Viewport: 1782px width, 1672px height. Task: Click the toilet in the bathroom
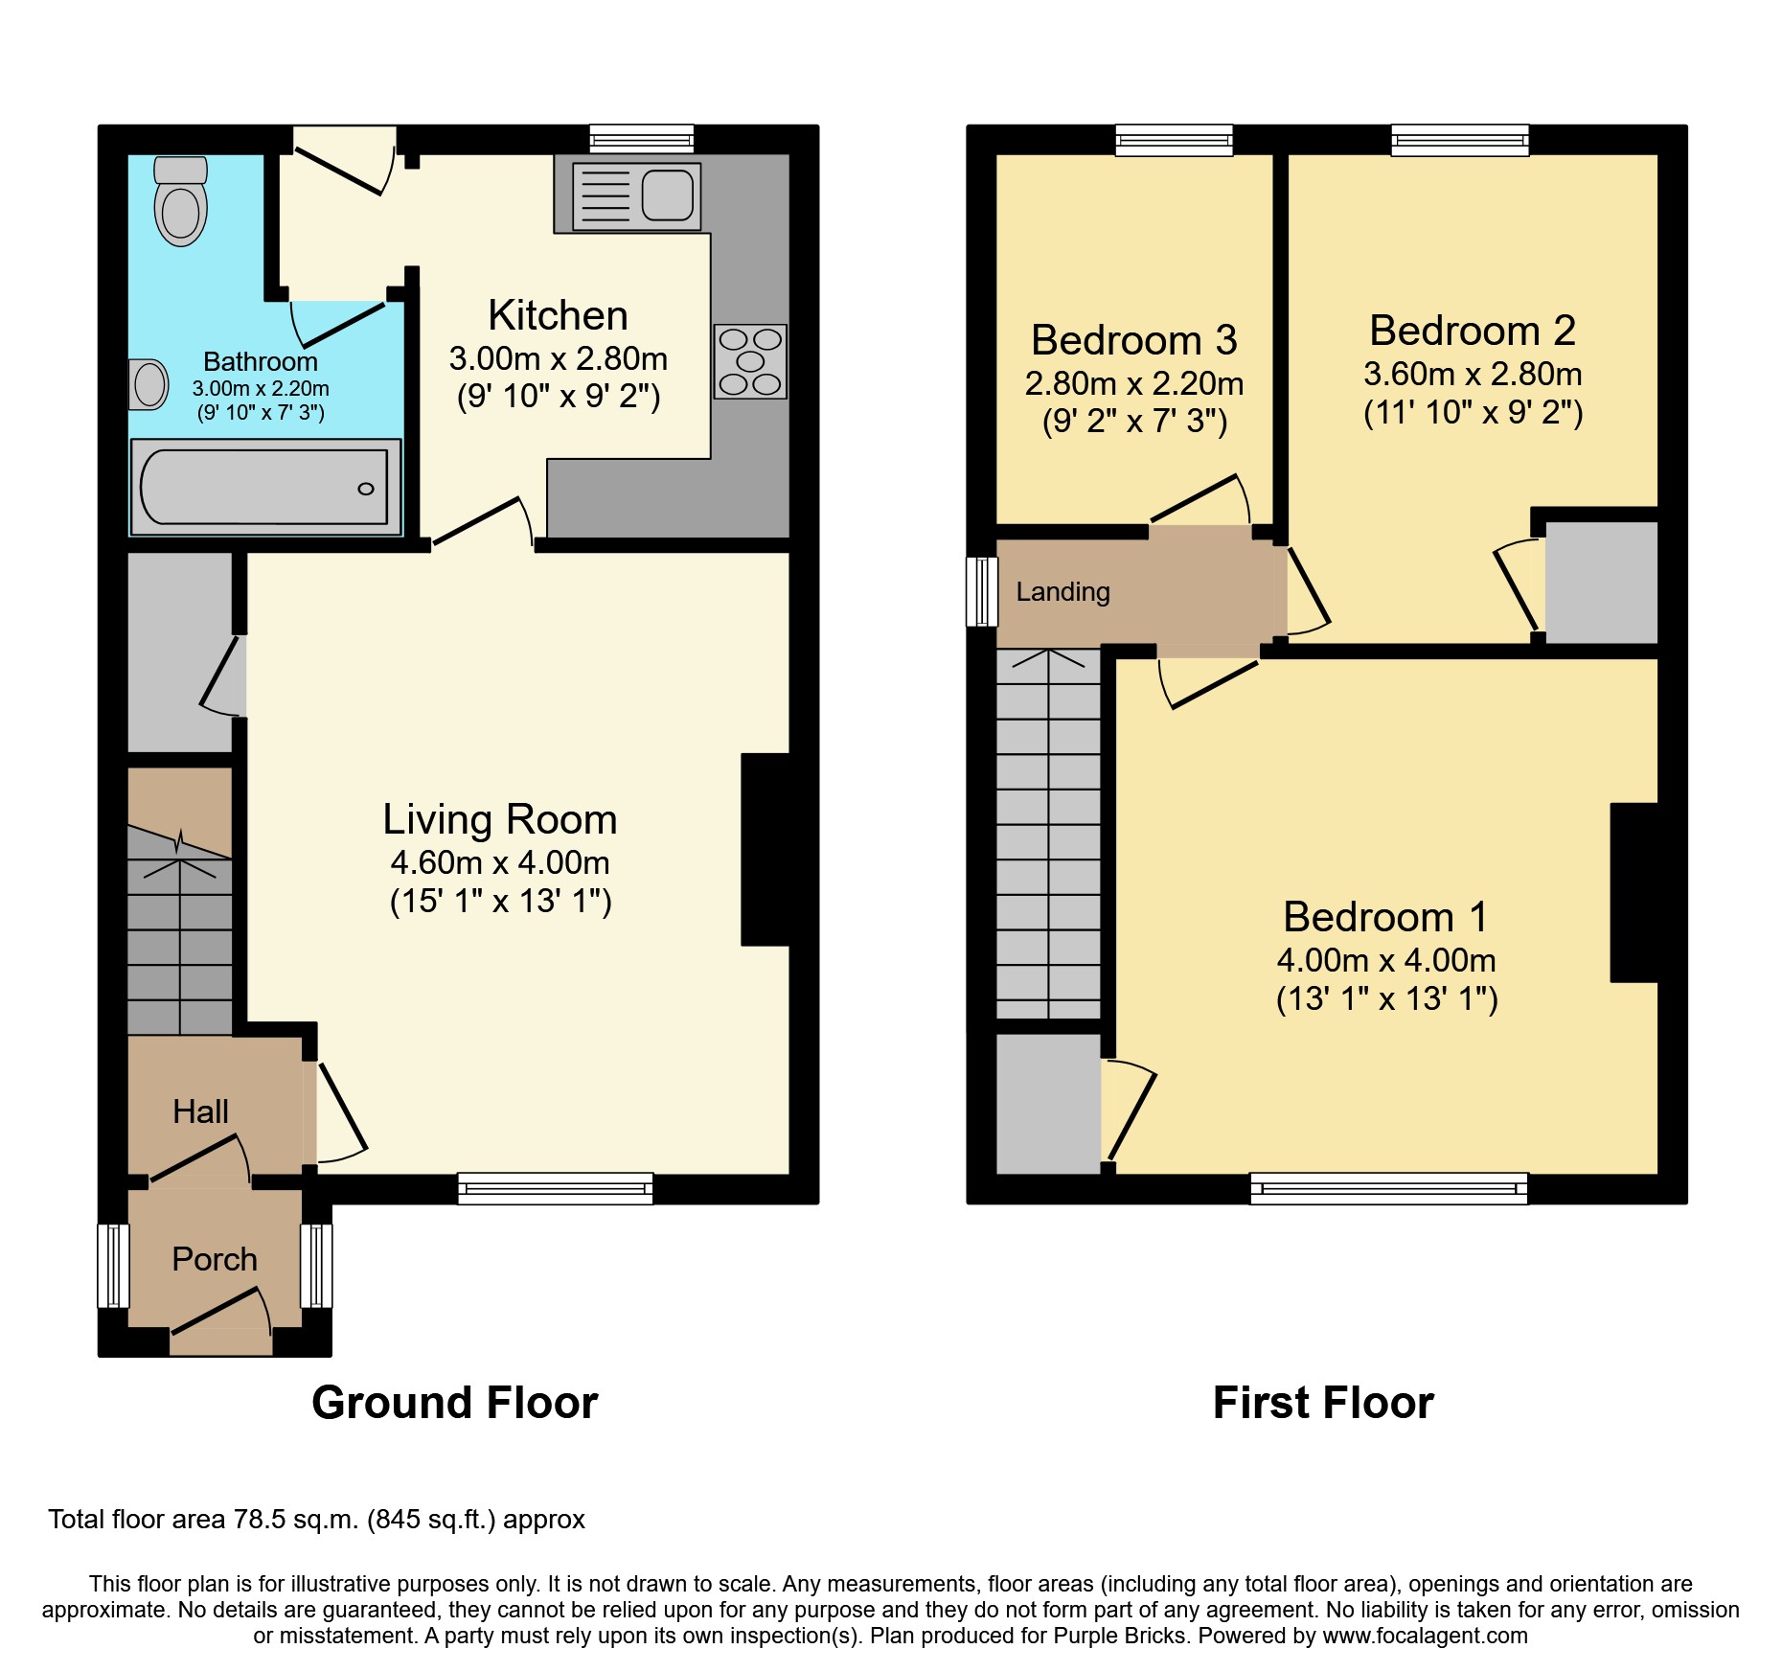(180, 203)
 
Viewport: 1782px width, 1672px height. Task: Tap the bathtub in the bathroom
(264, 487)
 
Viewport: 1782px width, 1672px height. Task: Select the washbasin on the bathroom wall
(148, 384)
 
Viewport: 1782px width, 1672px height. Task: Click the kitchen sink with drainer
(636, 196)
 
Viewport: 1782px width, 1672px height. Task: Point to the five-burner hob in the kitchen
(750, 361)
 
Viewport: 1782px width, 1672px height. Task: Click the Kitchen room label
(558, 315)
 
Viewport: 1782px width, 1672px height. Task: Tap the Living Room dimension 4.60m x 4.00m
(499, 862)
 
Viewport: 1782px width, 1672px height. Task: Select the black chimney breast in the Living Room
(765, 849)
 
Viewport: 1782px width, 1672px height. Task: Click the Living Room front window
(555, 1188)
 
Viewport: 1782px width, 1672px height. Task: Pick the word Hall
(200, 1111)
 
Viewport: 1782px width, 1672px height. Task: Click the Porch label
(215, 1259)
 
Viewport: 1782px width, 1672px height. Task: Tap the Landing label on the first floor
(1062, 592)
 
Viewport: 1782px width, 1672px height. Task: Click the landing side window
(981, 591)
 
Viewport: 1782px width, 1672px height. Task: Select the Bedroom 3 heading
(1133, 340)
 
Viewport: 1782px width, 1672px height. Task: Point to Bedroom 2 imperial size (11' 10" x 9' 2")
(1473, 413)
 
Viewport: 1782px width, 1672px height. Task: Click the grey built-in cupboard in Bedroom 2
(1601, 583)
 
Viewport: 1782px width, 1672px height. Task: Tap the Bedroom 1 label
(1385, 917)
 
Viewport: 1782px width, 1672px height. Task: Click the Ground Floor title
(454, 1403)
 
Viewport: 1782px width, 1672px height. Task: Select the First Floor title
(1322, 1403)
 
